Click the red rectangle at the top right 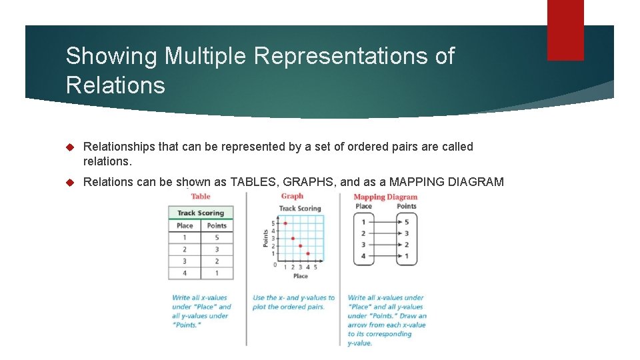(x=565, y=30)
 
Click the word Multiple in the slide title (x=206, y=56)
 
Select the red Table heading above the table (x=201, y=196)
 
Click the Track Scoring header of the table (x=201, y=213)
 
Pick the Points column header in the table (x=217, y=225)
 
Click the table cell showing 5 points (x=217, y=237)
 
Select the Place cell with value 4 (x=185, y=273)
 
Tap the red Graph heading (x=292, y=196)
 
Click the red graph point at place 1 (x=285, y=223)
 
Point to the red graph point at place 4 (x=307, y=253)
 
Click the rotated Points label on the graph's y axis (x=265, y=238)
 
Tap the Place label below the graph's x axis (x=301, y=276)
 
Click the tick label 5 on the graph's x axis (x=315, y=267)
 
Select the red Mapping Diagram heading (x=385, y=197)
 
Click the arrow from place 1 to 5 (x=385, y=222)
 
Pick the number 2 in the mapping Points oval (x=407, y=245)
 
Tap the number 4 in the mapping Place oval (x=363, y=256)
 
